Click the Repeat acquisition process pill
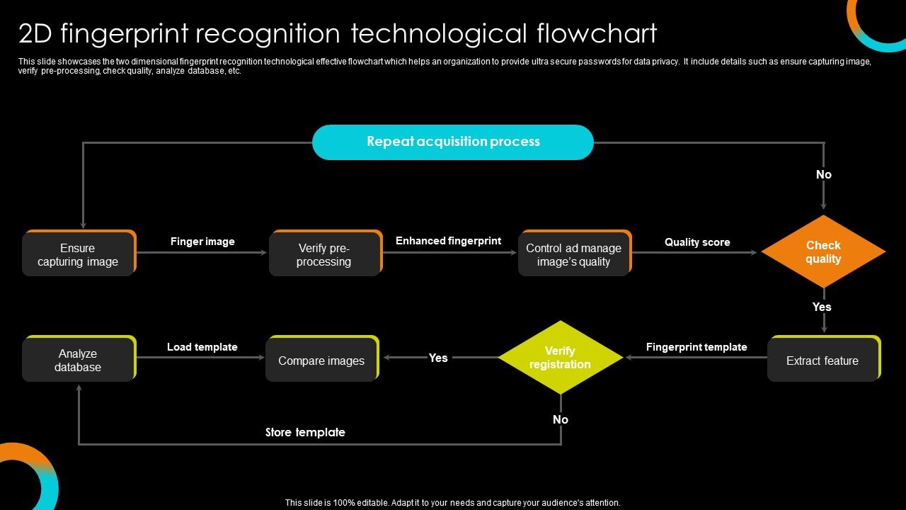coord(452,142)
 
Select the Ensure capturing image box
coord(78,254)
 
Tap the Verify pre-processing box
coord(324,254)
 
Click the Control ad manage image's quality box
coord(573,254)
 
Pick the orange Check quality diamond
coord(823,252)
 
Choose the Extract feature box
coord(822,361)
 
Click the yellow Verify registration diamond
coord(560,358)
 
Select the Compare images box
coord(321,361)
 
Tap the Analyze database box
coord(78,360)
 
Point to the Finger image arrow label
coord(202,242)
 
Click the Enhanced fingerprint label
coord(448,241)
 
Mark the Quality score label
coord(697,242)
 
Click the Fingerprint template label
coord(696,347)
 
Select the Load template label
coord(202,347)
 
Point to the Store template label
coord(305,432)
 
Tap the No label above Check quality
coord(824,174)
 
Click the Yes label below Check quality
coord(822,307)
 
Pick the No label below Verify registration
coord(561,419)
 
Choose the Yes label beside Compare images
coord(438,358)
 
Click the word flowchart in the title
coord(597,33)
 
